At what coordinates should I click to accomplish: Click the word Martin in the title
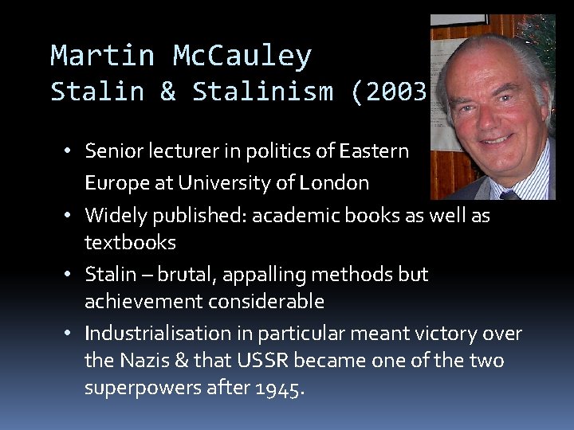(x=101, y=56)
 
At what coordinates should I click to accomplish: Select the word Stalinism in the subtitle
(x=262, y=92)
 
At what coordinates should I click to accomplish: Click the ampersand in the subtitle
(x=167, y=92)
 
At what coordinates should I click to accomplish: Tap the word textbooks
(x=130, y=242)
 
